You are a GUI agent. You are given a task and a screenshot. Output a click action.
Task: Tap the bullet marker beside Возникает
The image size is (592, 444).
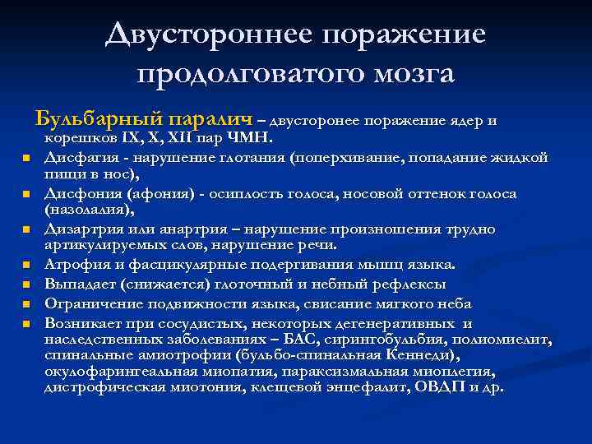point(25,323)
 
